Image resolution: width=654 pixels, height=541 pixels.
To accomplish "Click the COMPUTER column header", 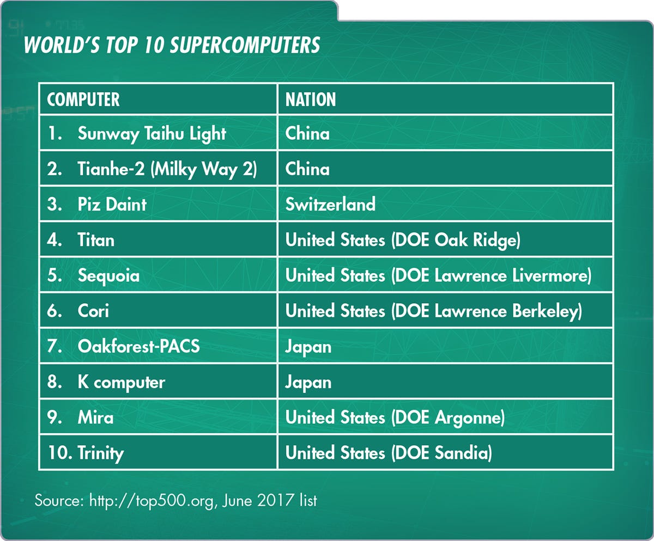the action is click(83, 100).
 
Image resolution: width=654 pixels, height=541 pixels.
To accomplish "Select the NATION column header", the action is click(311, 100).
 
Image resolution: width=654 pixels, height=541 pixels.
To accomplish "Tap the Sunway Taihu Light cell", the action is click(152, 134).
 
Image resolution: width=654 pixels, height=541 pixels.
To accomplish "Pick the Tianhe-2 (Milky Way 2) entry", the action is click(167, 169).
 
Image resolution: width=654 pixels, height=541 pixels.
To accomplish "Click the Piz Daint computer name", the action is click(112, 204).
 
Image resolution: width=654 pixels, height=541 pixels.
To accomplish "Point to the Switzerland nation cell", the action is click(330, 204).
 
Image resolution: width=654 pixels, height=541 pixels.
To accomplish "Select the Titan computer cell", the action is click(96, 240).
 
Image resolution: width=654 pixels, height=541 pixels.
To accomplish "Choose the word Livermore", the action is click(550, 275).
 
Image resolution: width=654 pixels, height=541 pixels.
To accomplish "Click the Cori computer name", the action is click(93, 311).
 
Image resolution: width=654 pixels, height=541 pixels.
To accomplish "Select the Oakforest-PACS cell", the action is click(139, 346).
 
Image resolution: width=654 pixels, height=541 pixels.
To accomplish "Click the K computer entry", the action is click(121, 383).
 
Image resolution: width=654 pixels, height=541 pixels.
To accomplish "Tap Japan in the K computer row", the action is click(308, 383).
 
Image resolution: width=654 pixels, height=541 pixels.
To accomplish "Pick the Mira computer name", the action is click(95, 417).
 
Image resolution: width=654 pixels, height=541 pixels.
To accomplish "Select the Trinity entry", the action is click(100, 453).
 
